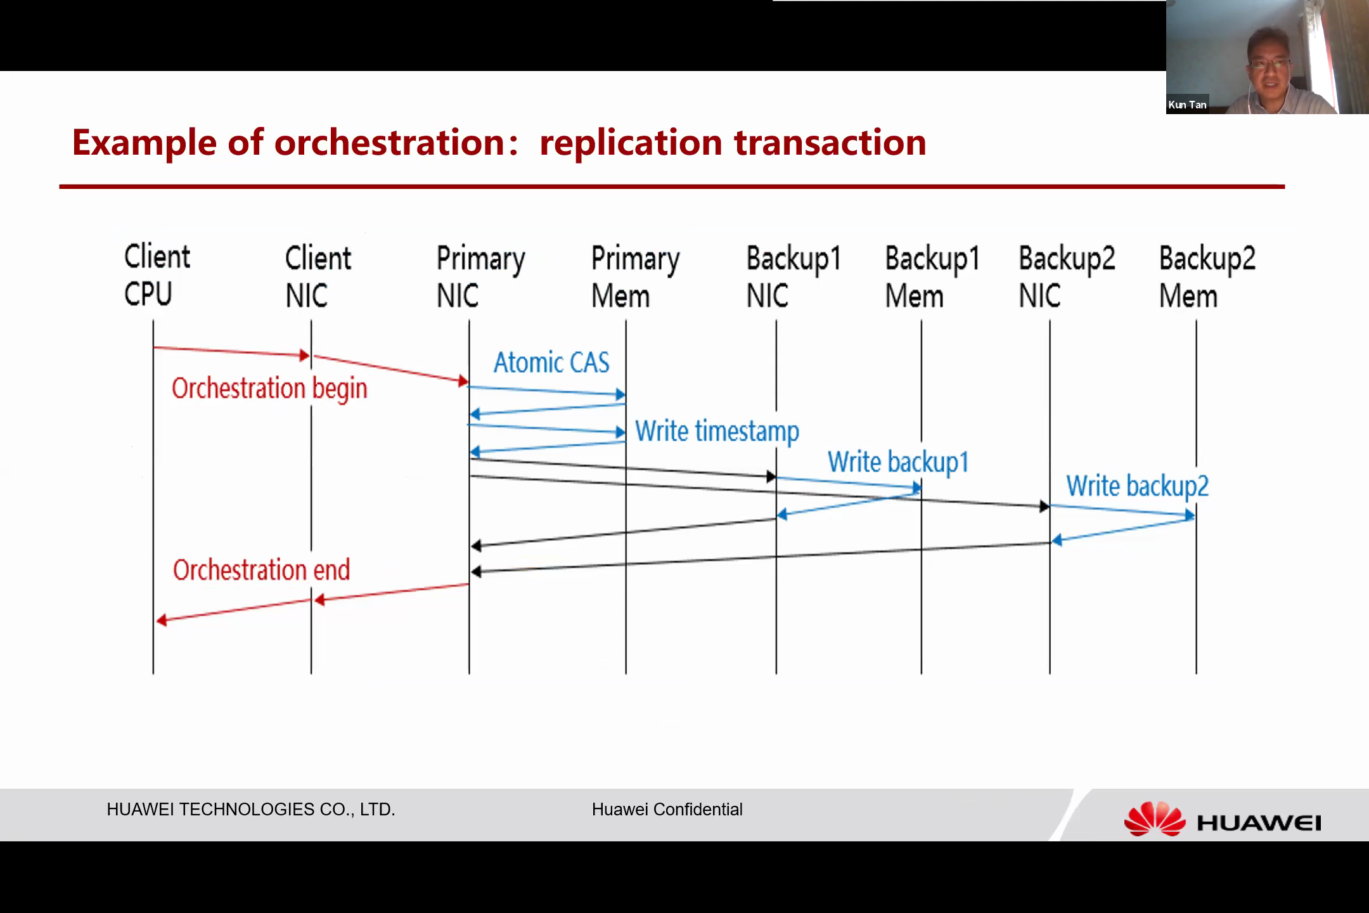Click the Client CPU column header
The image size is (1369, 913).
pos(157,275)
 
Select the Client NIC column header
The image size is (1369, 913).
pos(318,276)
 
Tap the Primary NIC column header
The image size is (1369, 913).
pos(481,277)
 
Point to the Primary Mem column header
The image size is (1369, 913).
pos(636,277)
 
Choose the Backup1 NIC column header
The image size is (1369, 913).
pos(794,277)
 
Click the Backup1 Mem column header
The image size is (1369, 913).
pos(932,277)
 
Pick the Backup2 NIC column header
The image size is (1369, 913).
pos(1067,277)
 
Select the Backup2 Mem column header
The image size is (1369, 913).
pos(1207,277)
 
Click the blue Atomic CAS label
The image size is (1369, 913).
pos(551,363)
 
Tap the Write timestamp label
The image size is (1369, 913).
pos(717,432)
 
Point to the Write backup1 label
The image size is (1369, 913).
pos(898,462)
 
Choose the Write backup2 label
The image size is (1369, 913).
pos(1138,486)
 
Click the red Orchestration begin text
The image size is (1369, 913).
pos(269,389)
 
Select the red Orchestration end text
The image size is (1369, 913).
pos(261,570)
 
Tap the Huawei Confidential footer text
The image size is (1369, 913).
pos(667,810)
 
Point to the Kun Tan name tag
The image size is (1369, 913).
pos(1187,105)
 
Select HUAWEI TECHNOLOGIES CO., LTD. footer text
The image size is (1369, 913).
pos(251,810)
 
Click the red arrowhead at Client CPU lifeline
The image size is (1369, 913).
pos(162,620)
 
